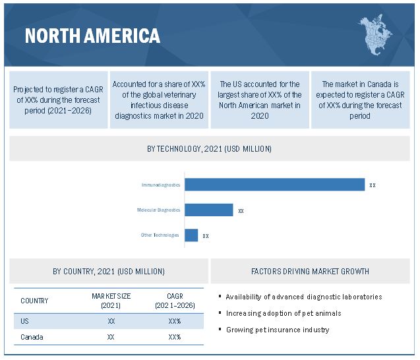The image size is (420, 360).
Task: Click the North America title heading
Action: pyautogui.click(x=92, y=35)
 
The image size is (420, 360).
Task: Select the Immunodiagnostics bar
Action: pyautogui.click(x=274, y=185)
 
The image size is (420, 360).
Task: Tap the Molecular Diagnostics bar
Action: pyautogui.click(x=208, y=210)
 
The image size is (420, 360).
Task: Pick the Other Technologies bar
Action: pyautogui.click(x=191, y=235)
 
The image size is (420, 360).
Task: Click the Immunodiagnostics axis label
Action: pyautogui.click(x=160, y=185)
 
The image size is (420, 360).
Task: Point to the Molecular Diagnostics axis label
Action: pyautogui.click(x=158, y=210)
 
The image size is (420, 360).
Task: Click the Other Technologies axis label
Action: pyautogui.click(x=160, y=235)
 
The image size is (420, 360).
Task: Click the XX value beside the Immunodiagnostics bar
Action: pyautogui.click(x=373, y=185)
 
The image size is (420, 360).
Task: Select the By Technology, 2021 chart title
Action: pyautogui.click(x=209, y=149)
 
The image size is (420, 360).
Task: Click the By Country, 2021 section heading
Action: pyautogui.click(x=109, y=271)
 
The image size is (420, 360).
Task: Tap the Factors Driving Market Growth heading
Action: pyautogui.click(x=310, y=271)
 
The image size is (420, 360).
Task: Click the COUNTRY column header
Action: pyautogui.click(x=34, y=301)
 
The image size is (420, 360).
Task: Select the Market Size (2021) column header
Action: pyautogui.click(x=111, y=301)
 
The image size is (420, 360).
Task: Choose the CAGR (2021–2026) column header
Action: pyautogui.click(x=174, y=301)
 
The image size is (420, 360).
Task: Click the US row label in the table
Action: pyautogui.click(x=25, y=320)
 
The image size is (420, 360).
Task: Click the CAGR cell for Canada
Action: pyautogui.click(x=174, y=337)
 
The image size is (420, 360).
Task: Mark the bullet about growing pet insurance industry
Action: pyautogui.click(x=278, y=330)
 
